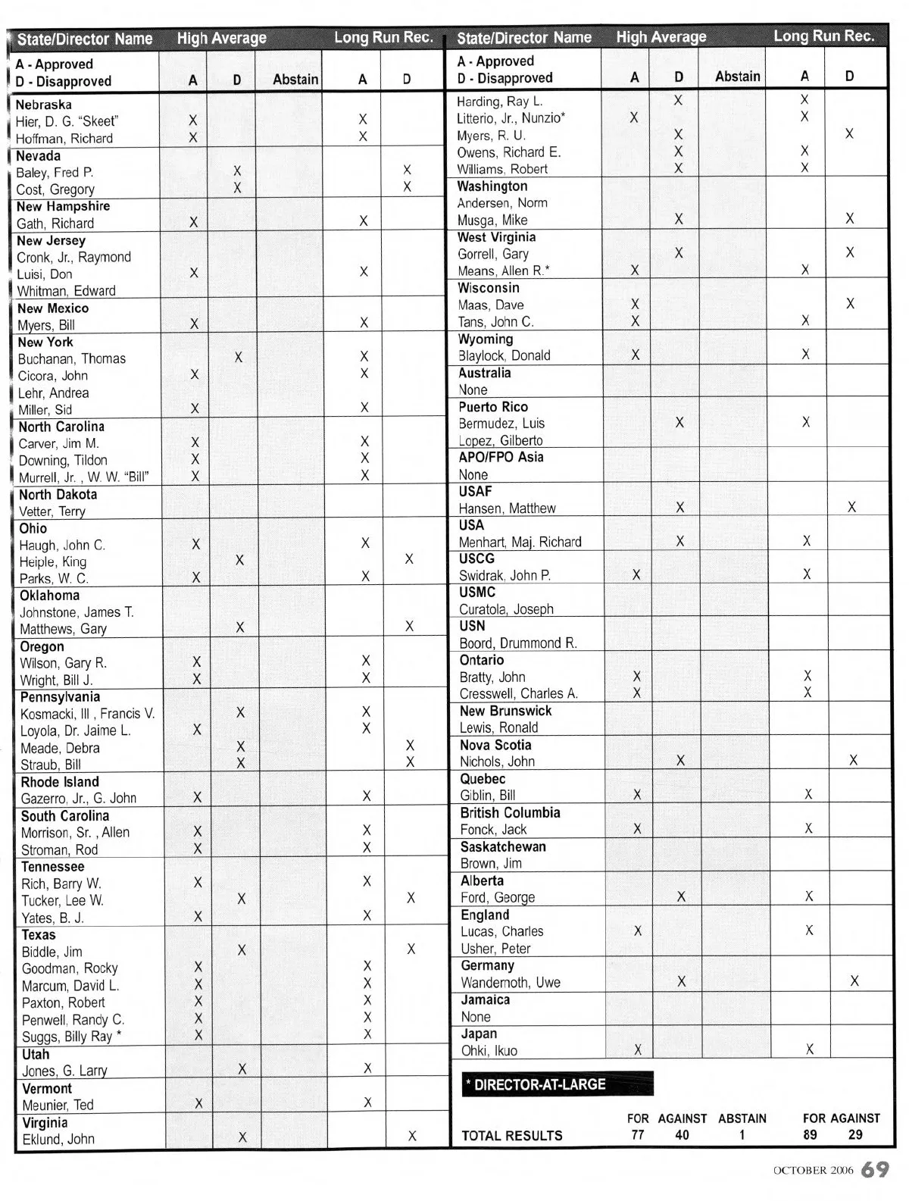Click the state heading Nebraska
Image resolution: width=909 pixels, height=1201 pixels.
(x=44, y=105)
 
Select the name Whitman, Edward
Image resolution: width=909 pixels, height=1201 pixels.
(x=67, y=291)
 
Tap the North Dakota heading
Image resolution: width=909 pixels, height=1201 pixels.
(x=58, y=494)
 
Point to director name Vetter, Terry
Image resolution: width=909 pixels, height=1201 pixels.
(x=52, y=511)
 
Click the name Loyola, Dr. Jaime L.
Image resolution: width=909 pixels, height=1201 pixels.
(x=76, y=731)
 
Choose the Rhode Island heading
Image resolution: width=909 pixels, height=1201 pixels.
(x=60, y=782)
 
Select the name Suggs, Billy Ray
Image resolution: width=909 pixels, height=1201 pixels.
(x=67, y=1037)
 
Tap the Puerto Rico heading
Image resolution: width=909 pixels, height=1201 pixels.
(x=493, y=407)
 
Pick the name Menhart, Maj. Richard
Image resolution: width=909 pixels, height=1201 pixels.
(x=520, y=542)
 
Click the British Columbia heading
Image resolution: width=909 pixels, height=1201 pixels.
(x=511, y=812)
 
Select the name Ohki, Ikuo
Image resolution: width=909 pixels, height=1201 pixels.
(x=489, y=1051)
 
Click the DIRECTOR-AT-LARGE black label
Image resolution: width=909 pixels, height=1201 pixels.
(x=557, y=1084)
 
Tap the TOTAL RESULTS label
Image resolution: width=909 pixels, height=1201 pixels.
(x=512, y=1135)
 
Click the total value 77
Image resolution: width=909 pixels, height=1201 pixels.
(x=638, y=1134)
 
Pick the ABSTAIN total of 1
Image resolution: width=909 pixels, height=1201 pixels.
(x=742, y=1134)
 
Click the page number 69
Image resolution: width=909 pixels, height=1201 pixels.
(x=875, y=1169)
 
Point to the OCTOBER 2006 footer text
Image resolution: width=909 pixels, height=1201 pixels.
(x=813, y=1171)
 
